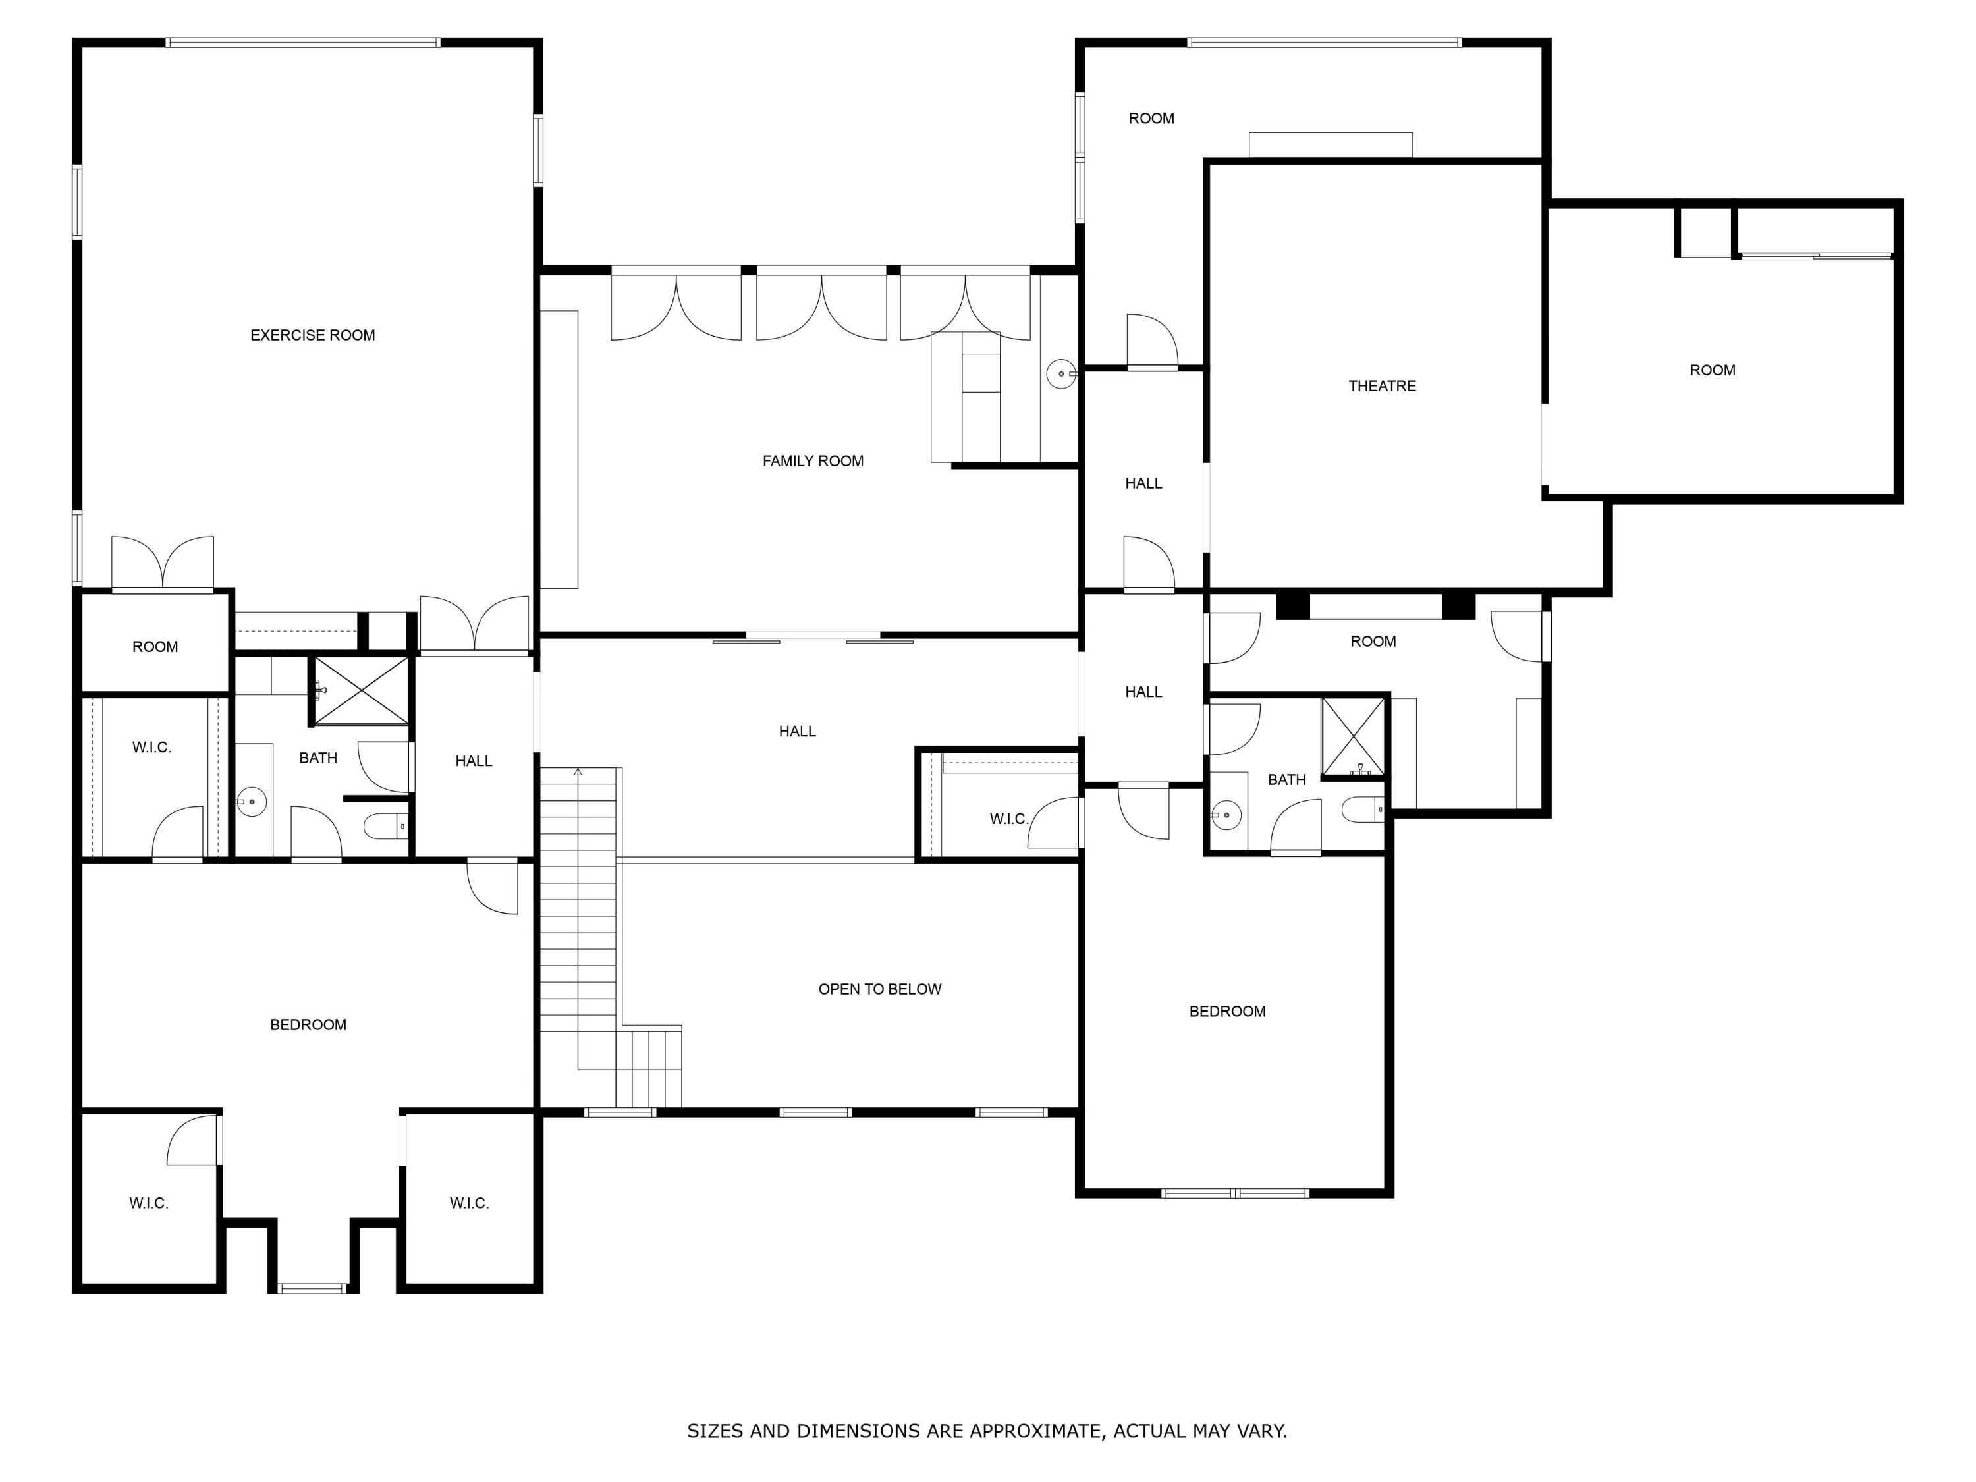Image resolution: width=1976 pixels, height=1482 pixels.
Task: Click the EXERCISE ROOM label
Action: (x=313, y=335)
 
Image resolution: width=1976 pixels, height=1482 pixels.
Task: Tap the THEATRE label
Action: (x=1382, y=386)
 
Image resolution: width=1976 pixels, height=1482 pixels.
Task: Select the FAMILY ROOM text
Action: (x=812, y=461)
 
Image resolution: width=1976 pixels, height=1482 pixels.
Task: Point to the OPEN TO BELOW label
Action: (x=879, y=989)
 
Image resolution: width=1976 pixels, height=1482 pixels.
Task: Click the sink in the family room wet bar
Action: (x=1061, y=373)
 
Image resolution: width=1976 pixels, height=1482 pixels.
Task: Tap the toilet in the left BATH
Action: (x=386, y=827)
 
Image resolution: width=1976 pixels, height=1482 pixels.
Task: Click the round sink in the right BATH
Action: (x=1227, y=815)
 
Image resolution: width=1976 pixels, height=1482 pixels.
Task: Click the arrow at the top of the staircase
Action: (x=578, y=770)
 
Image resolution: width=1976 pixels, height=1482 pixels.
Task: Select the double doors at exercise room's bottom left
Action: (x=163, y=563)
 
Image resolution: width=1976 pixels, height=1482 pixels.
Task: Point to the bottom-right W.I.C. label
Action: (x=469, y=1203)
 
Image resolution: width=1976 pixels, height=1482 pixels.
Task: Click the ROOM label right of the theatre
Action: (x=1712, y=370)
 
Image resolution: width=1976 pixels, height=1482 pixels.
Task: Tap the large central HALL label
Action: (x=797, y=730)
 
